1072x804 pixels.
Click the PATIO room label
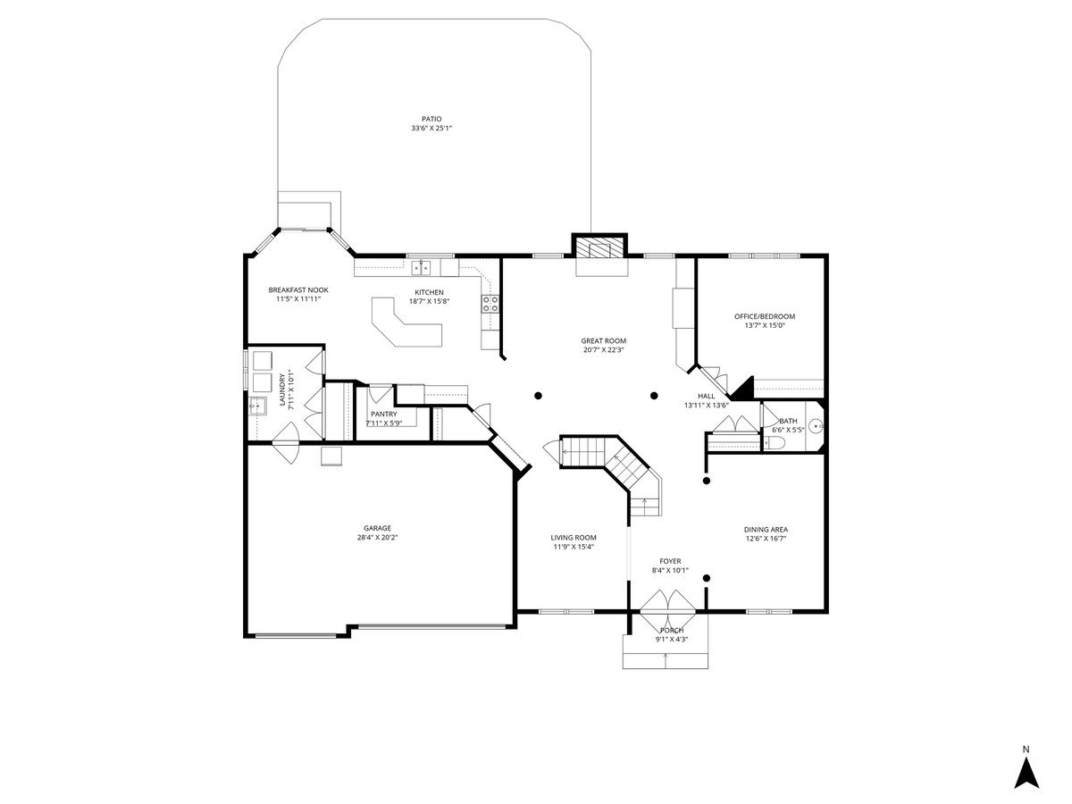pyautogui.click(x=431, y=119)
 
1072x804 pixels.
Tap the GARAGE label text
pyautogui.click(x=377, y=528)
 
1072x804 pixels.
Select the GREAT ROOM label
pyautogui.click(x=603, y=340)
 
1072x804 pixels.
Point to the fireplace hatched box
pyautogui.click(x=599, y=247)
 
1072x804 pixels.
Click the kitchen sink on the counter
pyautogui.click(x=421, y=267)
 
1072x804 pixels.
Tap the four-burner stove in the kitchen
pyautogui.click(x=490, y=304)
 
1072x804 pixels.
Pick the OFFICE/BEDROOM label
pyautogui.click(x=765, y=316)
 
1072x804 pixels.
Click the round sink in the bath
pyautogui.click(x=817, y=426)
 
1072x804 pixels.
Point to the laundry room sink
pyautogui.click(x=257, y=406)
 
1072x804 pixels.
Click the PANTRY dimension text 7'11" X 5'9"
pyautogui.click(x=383, y=423)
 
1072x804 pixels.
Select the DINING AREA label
pyautogui.click(x=766, y=529)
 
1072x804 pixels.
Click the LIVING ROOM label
pyautogui.click(x=573, y=538)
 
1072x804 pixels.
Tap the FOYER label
pyautogui.click(x=670, y=561)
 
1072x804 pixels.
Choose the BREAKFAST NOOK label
pyautogui.click(x=297, y=290)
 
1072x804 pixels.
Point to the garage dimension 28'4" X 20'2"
pyautogui.click(x=377, y=537)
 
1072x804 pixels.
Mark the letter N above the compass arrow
pyautogui.click(x=1026, y=750)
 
